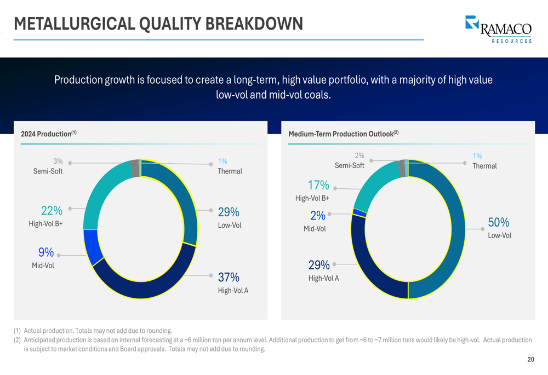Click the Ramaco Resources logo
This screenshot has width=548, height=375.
point(498,29)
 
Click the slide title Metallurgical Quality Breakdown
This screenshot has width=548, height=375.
point(158,24)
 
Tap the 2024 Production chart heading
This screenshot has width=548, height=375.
point(49,134)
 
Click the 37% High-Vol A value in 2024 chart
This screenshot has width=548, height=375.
point(229,278)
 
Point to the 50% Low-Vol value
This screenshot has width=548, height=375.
point(499,222)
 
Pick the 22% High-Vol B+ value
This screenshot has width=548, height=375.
point(52,211)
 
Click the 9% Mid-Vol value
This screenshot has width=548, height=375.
point(46,252)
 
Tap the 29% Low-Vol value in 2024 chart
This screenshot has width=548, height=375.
point(229,212)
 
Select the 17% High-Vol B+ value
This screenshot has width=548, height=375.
point(318,185)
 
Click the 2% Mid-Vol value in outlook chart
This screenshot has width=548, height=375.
point(318,216)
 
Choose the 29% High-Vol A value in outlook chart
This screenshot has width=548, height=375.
point(319,266)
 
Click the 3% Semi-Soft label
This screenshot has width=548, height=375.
point(58,161)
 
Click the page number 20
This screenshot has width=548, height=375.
point(530,360)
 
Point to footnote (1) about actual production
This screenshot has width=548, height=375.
point(93,331)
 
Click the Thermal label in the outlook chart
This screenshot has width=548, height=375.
point(484,166)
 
